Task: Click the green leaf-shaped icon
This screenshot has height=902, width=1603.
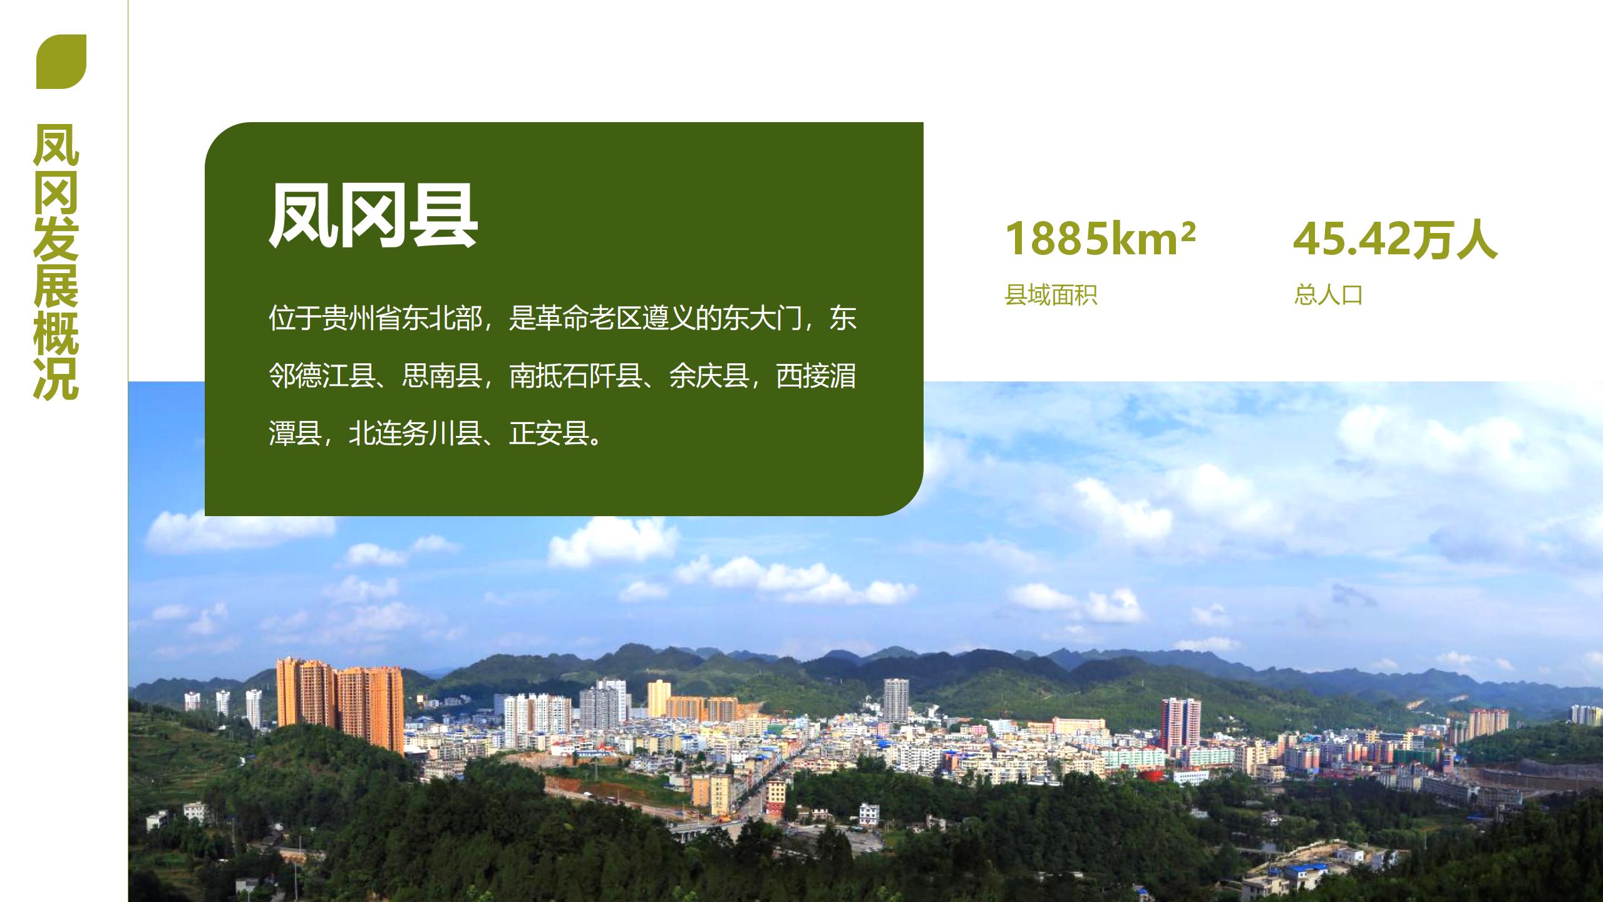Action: (x=61, y=61)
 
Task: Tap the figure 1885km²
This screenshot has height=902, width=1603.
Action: (x=1100, y=239)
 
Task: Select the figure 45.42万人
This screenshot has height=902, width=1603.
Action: (x=1395, y=239)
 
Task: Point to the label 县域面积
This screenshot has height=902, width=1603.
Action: (x=1051, y=294)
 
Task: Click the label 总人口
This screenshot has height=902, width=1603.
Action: (x=1328, y=294)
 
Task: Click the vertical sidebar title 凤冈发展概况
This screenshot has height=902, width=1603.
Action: (x=56, y=261)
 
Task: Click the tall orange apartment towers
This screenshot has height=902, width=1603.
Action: (x=340, y=704)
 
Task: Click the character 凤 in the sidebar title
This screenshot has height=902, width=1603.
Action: (x=56, y=145)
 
